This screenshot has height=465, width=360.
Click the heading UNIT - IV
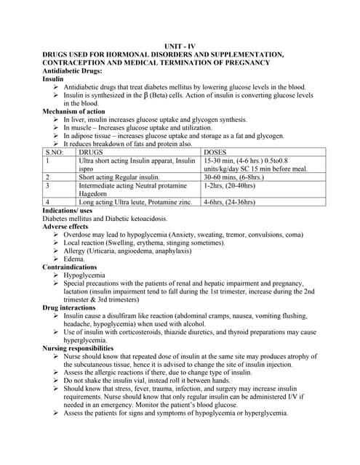coord(179,46)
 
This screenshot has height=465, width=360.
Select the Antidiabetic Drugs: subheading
coord(72,70)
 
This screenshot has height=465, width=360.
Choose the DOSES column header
coord(218,152)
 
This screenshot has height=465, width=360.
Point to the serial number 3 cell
coord(48,185)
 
